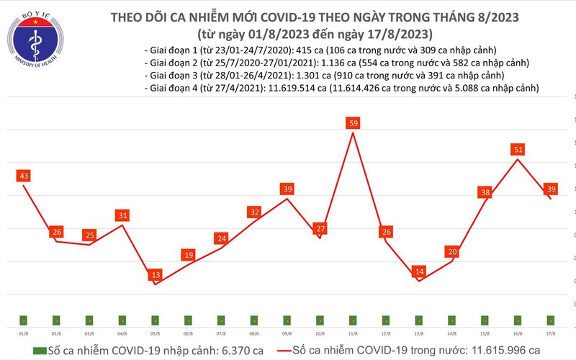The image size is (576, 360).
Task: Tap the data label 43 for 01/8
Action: click(x=24, y=176)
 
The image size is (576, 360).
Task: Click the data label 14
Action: click(x=419, y=271)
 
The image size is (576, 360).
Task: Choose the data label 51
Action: click(x=517, y=150)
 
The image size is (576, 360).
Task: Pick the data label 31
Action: click(x=122, y=215)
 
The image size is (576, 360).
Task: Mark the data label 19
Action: click(x=189, y=255)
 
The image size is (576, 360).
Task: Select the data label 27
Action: click(x=320, y=229)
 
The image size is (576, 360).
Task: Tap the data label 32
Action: click(x=254, y=212)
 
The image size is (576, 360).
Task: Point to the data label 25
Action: click(x=89, y=235)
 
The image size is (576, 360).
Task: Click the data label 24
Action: click(x=221, y=238)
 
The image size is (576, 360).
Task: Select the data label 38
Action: click(x=485, y=192)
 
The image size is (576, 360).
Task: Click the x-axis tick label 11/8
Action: click(x=353, y=333)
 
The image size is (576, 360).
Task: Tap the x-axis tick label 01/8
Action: click(x=24, y=333)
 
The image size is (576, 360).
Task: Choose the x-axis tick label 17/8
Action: click(x=550, y=333)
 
